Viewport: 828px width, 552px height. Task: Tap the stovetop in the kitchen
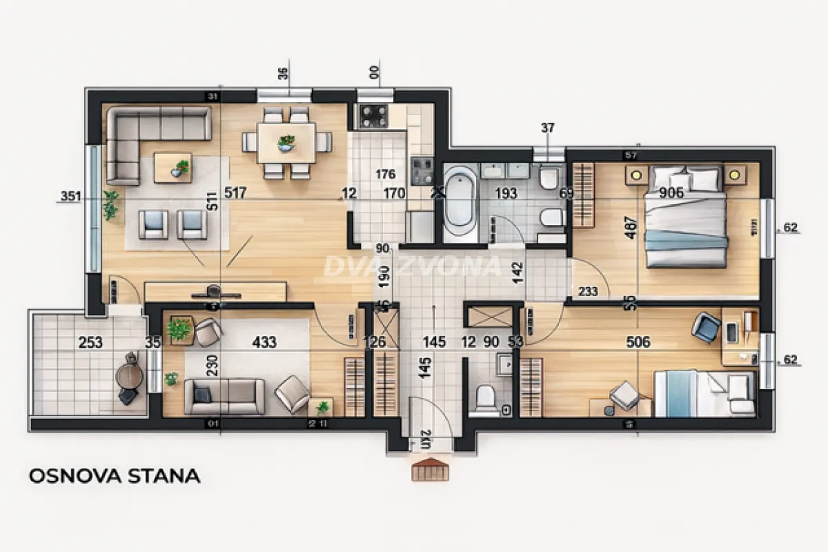click(373, 116)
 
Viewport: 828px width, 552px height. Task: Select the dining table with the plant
click(286, 142)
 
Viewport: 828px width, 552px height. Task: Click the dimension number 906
click(671, 193)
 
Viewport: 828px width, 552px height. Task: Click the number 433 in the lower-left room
click(264, 342)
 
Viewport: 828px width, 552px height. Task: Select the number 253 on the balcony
click(90, 342)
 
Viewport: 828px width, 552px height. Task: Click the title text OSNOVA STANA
click(115, 475)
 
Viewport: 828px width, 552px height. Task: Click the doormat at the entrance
click(429, 471)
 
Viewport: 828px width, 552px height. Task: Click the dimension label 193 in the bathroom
click(506, 193)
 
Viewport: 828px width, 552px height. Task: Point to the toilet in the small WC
click(486, 399)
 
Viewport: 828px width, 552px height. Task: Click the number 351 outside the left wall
click(70, 197)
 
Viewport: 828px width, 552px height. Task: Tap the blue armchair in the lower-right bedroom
click(706, 326)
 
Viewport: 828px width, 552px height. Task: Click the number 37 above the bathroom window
click(548, 128)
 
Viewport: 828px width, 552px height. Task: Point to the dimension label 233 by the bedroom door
click(588, 292)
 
